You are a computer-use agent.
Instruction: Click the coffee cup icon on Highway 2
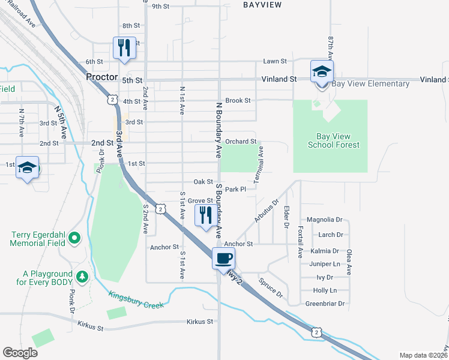tap(223, 259)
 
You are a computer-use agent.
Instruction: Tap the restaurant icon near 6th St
tap(124, 48)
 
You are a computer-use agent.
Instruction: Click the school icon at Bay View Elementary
tap(322, 71)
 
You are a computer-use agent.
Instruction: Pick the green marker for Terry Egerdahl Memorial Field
tap(75, 239)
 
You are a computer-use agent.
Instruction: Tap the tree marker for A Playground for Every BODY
tap(82, 277)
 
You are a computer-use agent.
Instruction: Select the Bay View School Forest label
tap(333, 140)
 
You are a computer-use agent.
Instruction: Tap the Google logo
tap(20, 353)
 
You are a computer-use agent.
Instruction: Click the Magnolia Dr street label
tap(324, 220)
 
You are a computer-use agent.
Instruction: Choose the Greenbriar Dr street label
tap(325, 304)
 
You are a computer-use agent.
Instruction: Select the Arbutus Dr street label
tap(267, 211)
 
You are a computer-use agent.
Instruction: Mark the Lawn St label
tap(274, 61)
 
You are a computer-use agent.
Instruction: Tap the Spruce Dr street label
tap(271, 287)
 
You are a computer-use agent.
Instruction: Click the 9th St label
tap(161, 7)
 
